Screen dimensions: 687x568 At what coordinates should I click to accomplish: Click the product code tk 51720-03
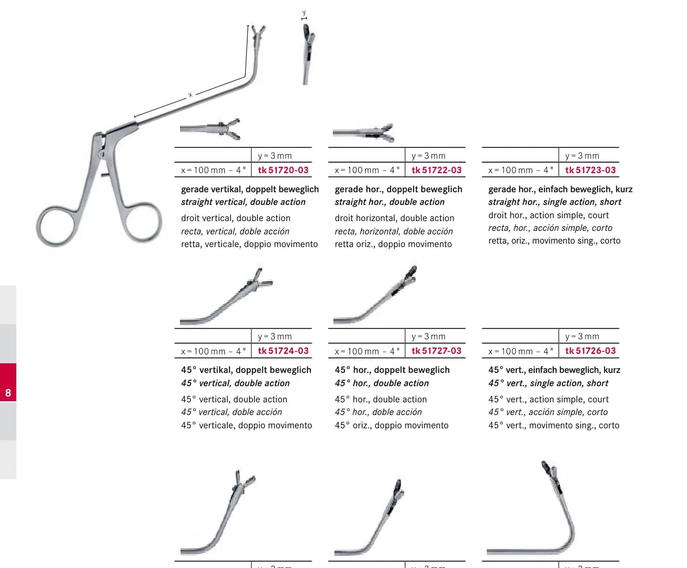pos(283,170)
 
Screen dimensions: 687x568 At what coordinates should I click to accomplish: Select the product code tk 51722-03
pos(437,170)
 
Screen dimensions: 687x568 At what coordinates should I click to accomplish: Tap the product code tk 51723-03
pos(590,170)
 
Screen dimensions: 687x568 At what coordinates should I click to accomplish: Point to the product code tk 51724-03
pos(283,351)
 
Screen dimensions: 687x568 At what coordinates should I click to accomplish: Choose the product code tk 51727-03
pos(437,351)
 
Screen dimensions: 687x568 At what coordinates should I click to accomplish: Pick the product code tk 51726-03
pos(590,351)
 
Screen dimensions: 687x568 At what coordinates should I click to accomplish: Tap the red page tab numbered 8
pos(8,382)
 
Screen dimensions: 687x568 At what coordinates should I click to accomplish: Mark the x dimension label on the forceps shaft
pos(190,95)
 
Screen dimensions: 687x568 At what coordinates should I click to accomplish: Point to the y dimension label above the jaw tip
pos(304,13)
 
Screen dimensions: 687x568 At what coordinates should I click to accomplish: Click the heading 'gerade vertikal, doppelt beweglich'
pos(250,189)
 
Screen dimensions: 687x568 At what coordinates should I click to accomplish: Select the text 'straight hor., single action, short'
pos(555,202)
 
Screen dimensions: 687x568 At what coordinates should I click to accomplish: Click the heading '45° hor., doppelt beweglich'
pos(392,370)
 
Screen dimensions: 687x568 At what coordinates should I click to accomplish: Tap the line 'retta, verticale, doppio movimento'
pos(249,244)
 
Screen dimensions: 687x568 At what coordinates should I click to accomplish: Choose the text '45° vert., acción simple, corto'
pos(547,412)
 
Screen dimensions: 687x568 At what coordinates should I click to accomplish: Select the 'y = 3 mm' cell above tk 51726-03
pos(582,337)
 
